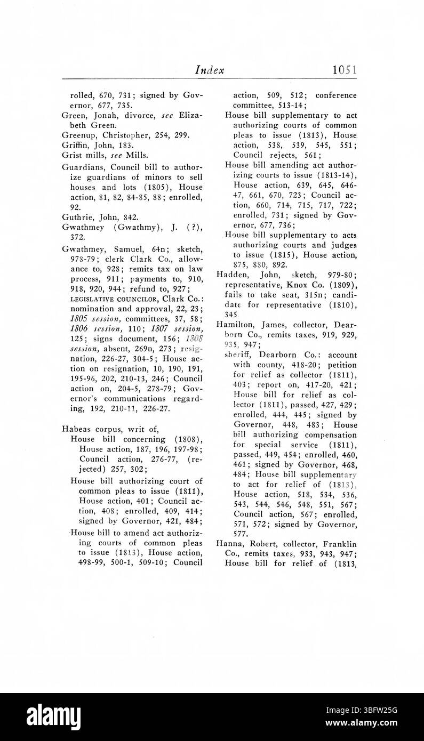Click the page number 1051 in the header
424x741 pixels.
click(x=344, y=70)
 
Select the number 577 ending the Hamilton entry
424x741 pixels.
click(x=241, y=534)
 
